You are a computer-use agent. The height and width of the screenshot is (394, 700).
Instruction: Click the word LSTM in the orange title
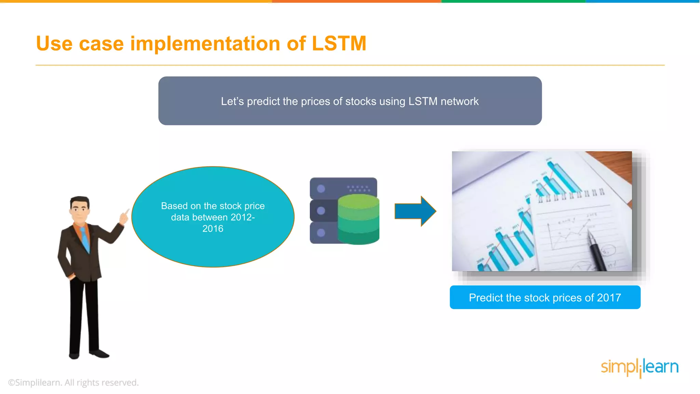tap(339, 44)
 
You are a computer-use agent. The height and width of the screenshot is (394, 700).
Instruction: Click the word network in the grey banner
tap(459, 101)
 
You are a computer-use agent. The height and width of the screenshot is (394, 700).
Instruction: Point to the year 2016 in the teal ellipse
tap(213, 228)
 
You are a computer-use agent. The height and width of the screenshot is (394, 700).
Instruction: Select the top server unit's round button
tap(321, 188)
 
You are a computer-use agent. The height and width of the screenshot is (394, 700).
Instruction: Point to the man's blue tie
tap(85, 239)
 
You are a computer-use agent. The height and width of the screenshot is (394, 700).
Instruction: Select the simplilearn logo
tap(640, 367)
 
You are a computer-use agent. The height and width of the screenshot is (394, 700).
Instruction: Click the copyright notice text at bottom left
tap(73, 382)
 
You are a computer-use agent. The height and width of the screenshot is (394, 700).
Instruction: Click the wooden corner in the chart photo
tap(615, 162)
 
